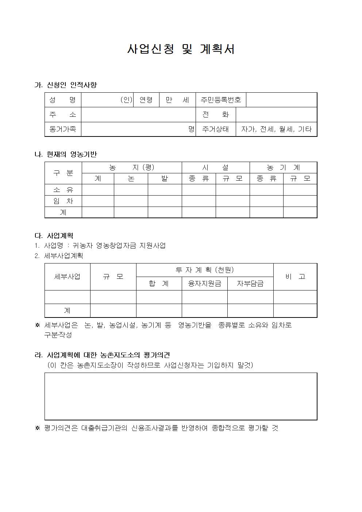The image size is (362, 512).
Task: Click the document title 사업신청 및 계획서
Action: pos(181,49)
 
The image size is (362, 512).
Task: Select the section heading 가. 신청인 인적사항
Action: pos(66,85)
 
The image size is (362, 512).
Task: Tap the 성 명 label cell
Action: pos(63,100)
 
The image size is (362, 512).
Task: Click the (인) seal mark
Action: pos(126,100)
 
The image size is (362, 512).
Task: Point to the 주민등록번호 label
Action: pos(221,100)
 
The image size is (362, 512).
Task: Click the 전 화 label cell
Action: pos(216,115)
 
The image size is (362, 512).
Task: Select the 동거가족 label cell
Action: pos(63,129)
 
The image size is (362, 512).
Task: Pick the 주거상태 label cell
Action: pos(216,129)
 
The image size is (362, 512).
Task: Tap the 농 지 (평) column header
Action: pos(132,168)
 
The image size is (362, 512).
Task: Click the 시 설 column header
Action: pos(216,168)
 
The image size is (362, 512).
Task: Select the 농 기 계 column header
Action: pos(283,168)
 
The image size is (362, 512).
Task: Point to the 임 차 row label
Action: pos(63,201)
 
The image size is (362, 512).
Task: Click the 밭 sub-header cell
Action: pos(165,178)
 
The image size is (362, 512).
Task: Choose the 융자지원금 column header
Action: pos(204,284)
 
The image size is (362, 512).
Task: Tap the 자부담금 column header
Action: pos(250,284)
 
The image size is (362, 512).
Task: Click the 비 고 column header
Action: pos(295,277)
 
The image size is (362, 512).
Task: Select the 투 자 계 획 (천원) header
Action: pos(204,270)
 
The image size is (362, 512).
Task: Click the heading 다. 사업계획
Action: pos(54,236)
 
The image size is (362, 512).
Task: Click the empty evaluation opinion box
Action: pos(181,396)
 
